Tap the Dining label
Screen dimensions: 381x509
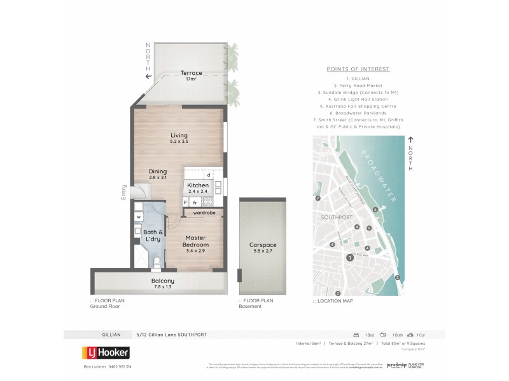pos(158,171)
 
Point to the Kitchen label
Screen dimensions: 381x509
pos(198,184)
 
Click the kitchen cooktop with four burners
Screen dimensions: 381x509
pos(207,203)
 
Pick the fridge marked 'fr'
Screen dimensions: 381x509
pos(195,203)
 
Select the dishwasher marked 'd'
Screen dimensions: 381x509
pos(208,175)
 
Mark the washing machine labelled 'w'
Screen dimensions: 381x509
pos(138,217)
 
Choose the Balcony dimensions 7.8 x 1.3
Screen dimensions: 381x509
pos(162,287)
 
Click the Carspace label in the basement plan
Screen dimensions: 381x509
pos(263,244)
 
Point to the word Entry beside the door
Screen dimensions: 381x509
pos(124,192)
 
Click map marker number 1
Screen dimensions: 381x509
pos(349,257)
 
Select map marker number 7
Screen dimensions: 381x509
pos(317,199)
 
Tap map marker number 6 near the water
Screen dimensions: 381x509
pos(375,209)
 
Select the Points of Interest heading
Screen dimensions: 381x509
pos(358,69)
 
